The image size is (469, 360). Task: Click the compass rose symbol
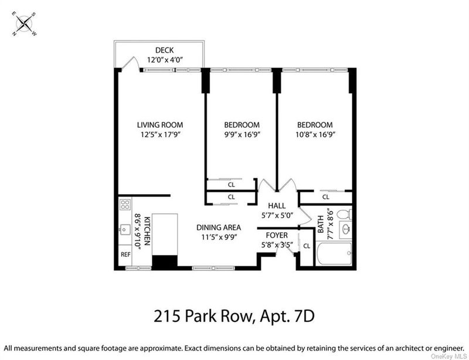coord(24,23)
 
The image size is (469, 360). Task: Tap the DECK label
coord(165,50)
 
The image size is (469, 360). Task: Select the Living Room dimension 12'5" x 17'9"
coord(160,134)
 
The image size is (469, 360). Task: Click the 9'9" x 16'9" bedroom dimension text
coord(242,134)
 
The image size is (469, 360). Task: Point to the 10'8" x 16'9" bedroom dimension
coord(315,134)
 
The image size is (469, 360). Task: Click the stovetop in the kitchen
coord(125,205)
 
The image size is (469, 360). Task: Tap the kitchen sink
coord(125,230)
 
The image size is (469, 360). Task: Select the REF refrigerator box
coord(125,254)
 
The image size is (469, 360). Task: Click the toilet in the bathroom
coord(344,214)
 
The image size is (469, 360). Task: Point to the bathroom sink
coord(346,230)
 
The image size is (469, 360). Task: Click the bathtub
coord(334,253)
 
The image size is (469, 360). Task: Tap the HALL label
coord(277,206)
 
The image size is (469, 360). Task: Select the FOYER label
coord(277,235)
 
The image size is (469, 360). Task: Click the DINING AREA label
coord(219,227)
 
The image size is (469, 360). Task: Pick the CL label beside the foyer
coord(307,246)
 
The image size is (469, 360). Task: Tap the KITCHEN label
coord(147,231)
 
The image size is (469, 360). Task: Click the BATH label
coord(321,225)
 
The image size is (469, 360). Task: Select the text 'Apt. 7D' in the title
coord(287,316)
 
